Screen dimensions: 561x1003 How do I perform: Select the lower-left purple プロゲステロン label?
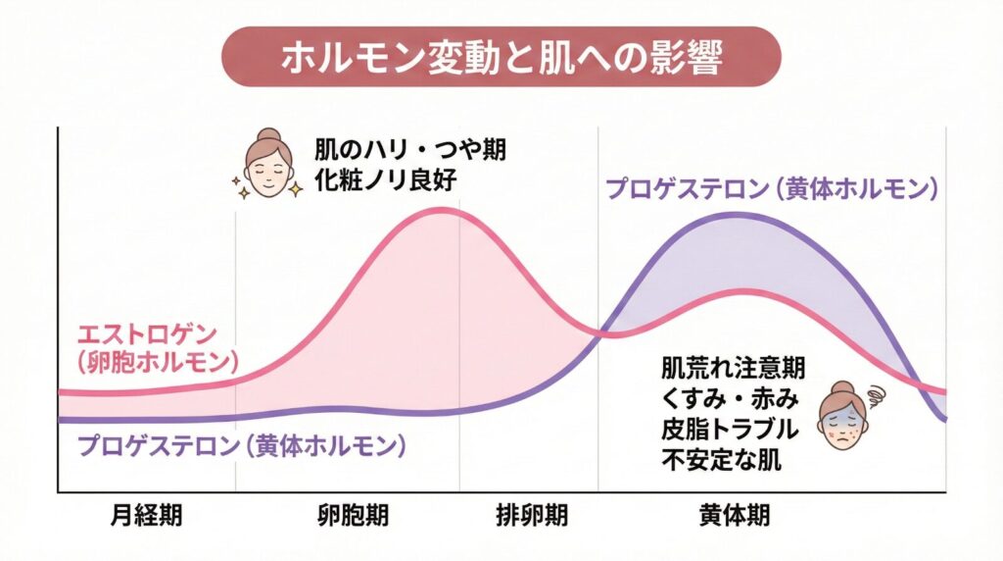(241, 446)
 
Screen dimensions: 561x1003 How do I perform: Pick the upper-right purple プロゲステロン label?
(772, 189)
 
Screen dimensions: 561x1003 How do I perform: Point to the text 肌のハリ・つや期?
(409, 150)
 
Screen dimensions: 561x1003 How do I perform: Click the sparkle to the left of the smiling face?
(237, 182)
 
